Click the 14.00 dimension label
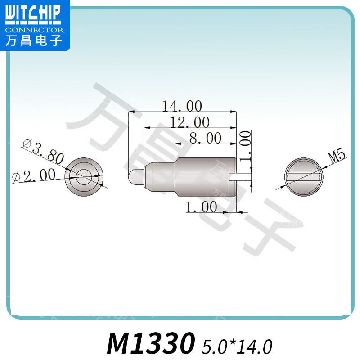[x=182, y=106]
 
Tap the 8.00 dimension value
[x=205, y=138]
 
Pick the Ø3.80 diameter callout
[x=43, y=151]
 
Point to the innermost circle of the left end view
[x=83, y=177]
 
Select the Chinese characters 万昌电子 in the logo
[x=32, y=41]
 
